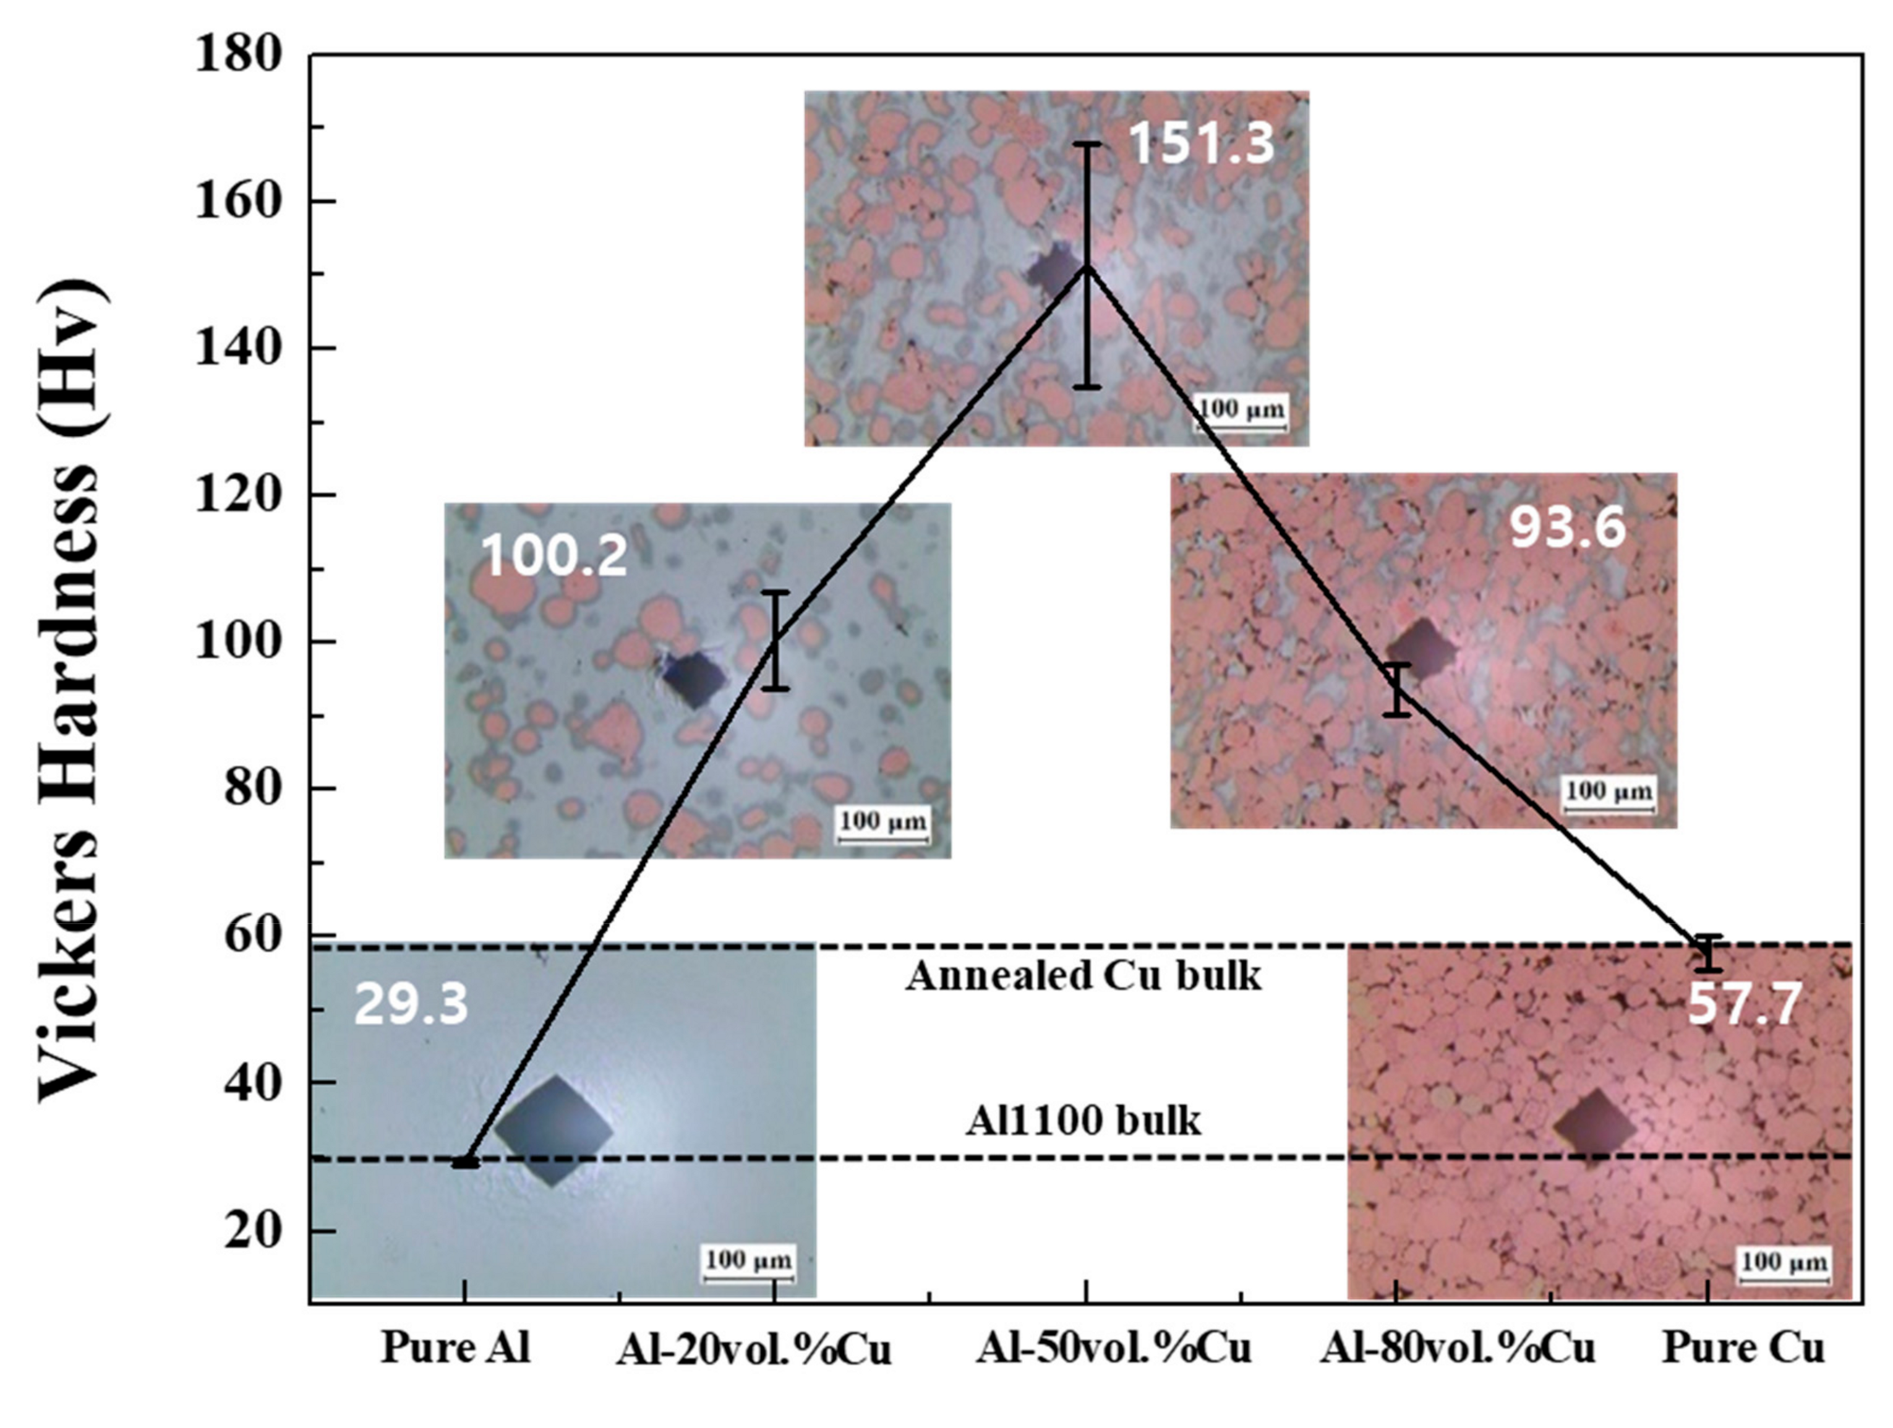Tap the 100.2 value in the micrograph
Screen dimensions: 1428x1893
(555, 555)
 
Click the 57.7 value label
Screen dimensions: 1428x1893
(1744, 1004)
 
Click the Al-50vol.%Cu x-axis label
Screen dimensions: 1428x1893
(1114, 1348)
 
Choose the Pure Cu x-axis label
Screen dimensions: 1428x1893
(1743, 1348)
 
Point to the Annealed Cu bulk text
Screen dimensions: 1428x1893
(1083, 975)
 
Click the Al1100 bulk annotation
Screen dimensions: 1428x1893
(1083, 1121)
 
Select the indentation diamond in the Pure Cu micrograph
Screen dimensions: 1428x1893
(1594, 1127)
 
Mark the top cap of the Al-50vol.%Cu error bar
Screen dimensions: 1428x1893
(1087, 143)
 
